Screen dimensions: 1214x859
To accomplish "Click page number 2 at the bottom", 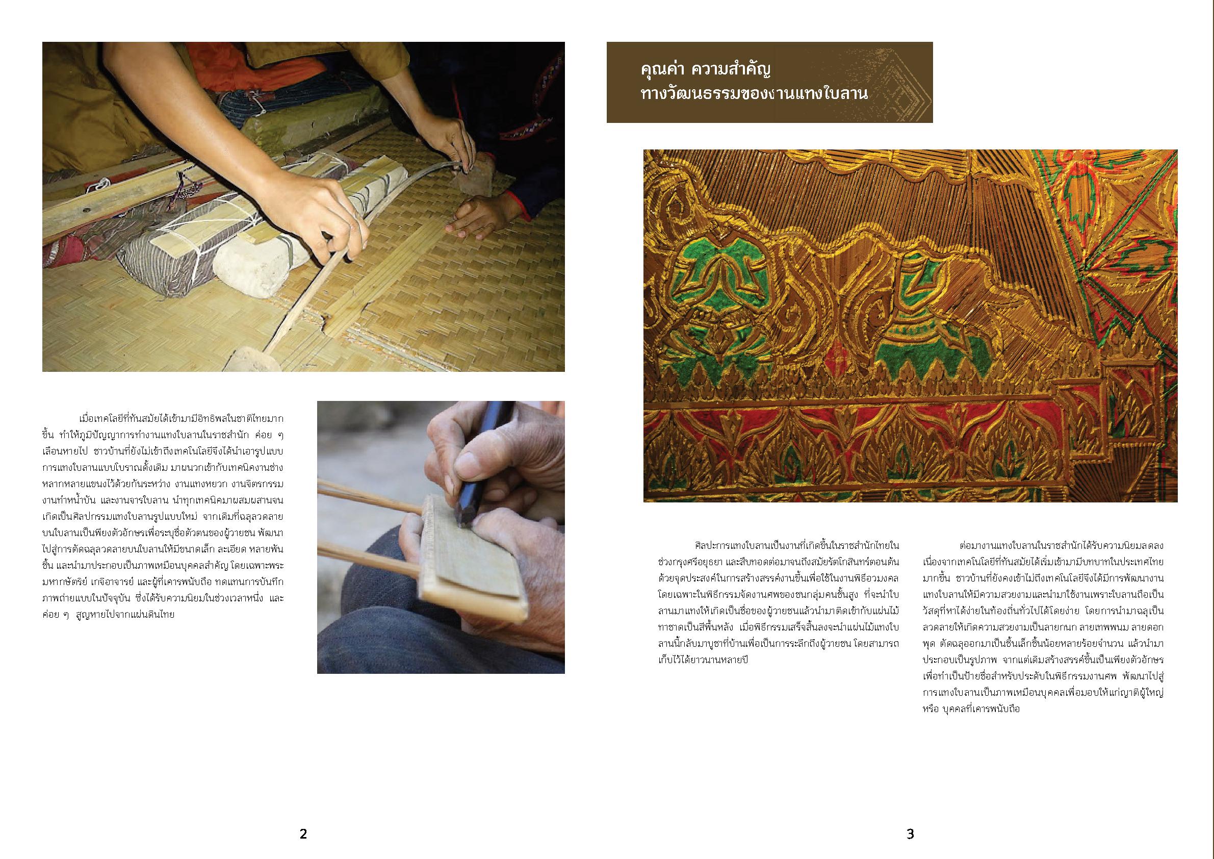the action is pos(303,834).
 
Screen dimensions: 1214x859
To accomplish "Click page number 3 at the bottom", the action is pos(910,834).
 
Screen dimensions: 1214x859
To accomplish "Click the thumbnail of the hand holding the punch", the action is pos(441,537).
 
